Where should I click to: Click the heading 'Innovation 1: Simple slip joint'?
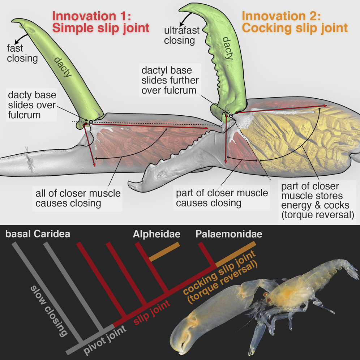pyautogui.click(x=101, y=22)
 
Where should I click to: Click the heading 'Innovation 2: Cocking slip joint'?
pyautogui.click(x=295, y=22)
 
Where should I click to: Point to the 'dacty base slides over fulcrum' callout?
pyautogui.click(x=32, y=105)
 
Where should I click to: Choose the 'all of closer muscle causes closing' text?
pyautogui.click(x=76, y=198)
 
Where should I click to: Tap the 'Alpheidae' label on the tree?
pyautogui.click(x=157, y=234)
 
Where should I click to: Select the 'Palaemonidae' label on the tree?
pyautogui.click(x=229, y=234)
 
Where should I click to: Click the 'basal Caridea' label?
pyautogui.click(x=38, y=234)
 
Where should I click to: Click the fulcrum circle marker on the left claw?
pyautogui.click(x=91, y=122)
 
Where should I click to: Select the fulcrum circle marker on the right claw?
pyautogui.click(x=231, y=116)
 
